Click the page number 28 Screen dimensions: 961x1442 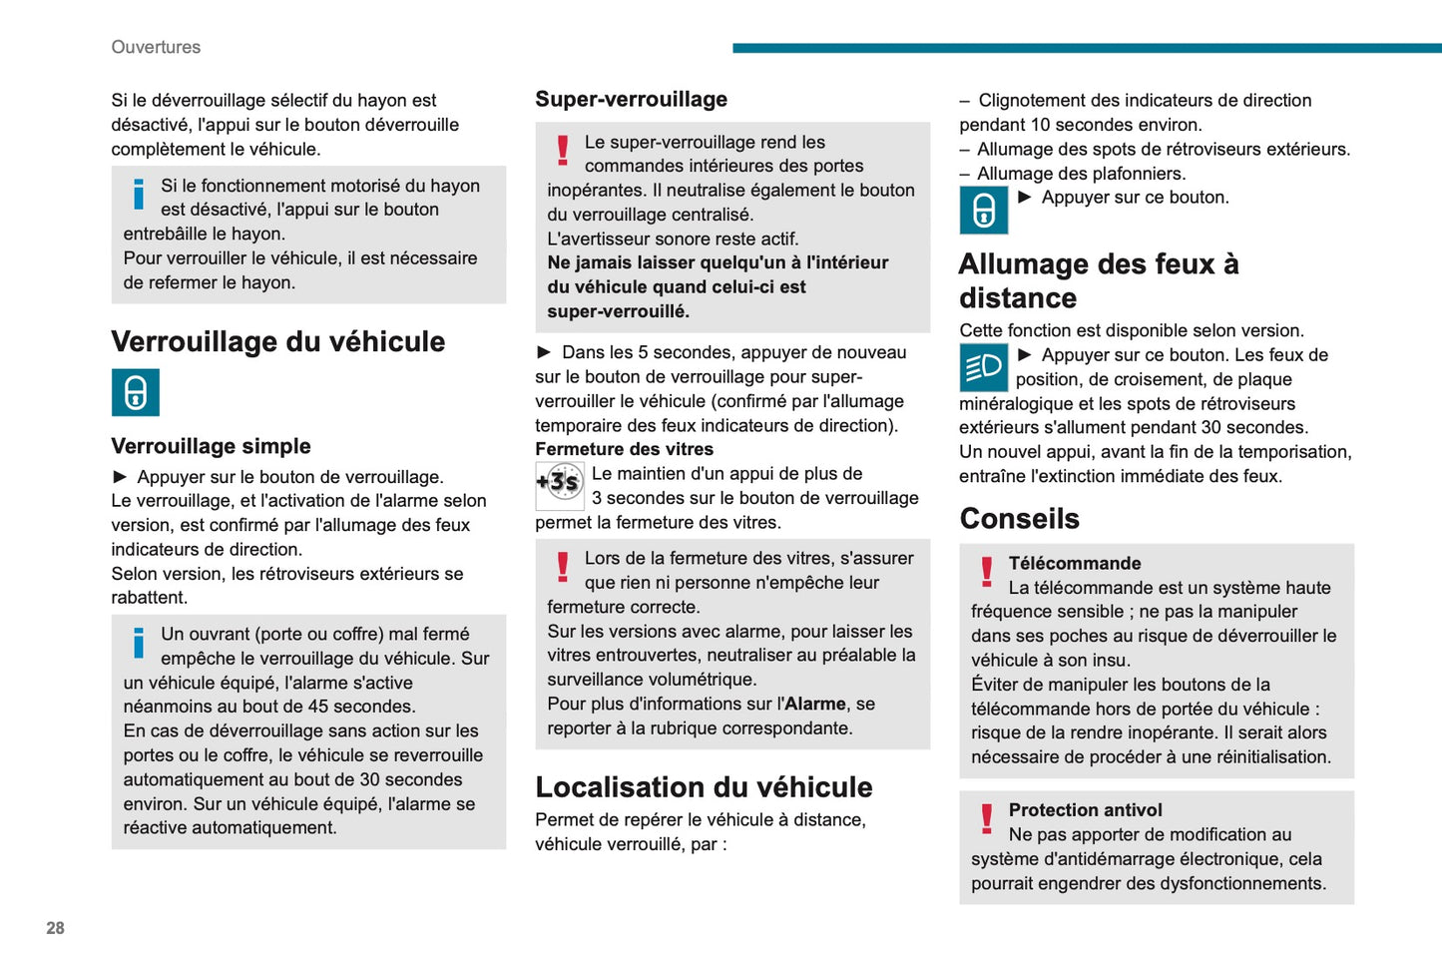tap(55, 928)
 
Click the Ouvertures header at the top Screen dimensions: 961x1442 tap(156, 47)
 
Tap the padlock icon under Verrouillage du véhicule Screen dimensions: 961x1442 tap(136, 392)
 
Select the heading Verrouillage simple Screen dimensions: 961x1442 tap(211, 446)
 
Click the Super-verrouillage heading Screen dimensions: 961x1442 tap(631, 99)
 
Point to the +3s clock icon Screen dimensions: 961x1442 tap(559, 485)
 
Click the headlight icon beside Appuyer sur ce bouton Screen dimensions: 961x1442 tap(983, 367)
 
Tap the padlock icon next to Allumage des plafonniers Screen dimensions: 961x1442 tap(983, 210)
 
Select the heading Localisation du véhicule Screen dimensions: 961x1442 tap(704, 786)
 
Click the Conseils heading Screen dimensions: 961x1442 tap(1019, 518)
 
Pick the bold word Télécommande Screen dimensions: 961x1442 tap(1074, 563)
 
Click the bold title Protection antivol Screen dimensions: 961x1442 tap(1085, 810)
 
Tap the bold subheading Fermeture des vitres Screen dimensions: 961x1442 tap(624, 449)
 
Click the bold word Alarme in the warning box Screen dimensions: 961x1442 tap(815, 704)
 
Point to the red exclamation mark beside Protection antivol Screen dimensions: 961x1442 tap(986, 818)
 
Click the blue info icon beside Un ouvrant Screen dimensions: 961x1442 tap(139, 643)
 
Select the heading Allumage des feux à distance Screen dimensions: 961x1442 tap(1098, 280)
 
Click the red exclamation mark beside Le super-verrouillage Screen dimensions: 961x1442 tap(563, 151)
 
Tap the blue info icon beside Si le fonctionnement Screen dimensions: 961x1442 tap(139, 194)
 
